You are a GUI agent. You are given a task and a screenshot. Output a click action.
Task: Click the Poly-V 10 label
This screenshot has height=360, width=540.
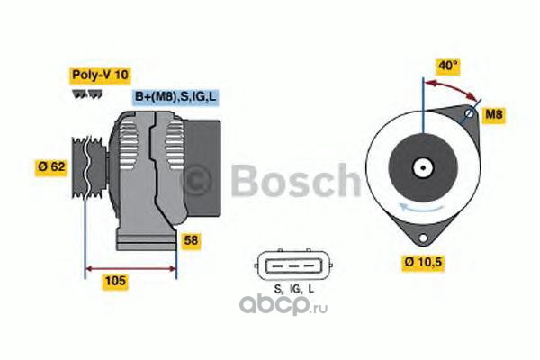coord(100,75)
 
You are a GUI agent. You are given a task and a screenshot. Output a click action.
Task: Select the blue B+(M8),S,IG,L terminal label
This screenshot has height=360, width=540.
coord(175,96)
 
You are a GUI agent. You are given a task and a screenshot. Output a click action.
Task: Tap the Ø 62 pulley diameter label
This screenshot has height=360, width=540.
coord(51,166)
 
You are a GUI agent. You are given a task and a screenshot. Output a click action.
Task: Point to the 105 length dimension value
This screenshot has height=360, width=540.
coord(115,281)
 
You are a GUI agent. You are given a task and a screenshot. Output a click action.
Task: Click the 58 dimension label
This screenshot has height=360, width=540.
coord(191,240)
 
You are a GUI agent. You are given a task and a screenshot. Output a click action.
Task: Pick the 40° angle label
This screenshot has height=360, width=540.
coord(448,66)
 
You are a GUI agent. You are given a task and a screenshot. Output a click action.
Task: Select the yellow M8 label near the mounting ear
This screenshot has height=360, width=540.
coord(494,114)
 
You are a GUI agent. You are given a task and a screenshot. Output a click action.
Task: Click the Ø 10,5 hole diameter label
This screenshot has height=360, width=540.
coord(423,262)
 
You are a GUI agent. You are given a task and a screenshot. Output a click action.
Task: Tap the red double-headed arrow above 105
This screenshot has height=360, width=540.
coord(130,269)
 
